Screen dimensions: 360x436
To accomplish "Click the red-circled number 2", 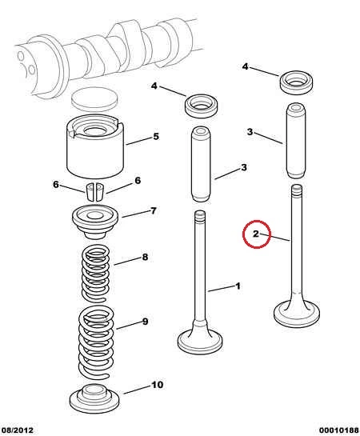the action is coord(256,234).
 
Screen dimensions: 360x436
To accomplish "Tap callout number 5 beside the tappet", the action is coord(156,137).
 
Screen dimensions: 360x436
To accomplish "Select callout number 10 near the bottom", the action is coord(157,385).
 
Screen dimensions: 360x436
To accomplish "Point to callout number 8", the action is coord(145,257).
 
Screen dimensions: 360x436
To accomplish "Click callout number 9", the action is coord(145,322).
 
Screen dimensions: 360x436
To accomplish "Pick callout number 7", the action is coord(154,210).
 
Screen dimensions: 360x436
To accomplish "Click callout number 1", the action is coord(238,286).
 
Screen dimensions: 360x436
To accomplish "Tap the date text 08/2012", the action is coord(17,430).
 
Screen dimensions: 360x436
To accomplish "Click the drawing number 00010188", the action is coord(339,430).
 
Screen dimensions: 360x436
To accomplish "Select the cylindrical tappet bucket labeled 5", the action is coord(95,146).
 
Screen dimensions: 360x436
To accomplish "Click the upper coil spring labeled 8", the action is coord(95,274).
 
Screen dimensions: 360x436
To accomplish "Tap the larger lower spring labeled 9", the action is coord(96,342).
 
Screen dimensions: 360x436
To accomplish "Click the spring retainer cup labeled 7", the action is coord(96,222).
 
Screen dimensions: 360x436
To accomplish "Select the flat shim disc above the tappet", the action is coord(94,98).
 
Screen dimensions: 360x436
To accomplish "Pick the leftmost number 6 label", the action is coord(56,184).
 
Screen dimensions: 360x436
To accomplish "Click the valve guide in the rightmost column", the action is coord(296,141).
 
